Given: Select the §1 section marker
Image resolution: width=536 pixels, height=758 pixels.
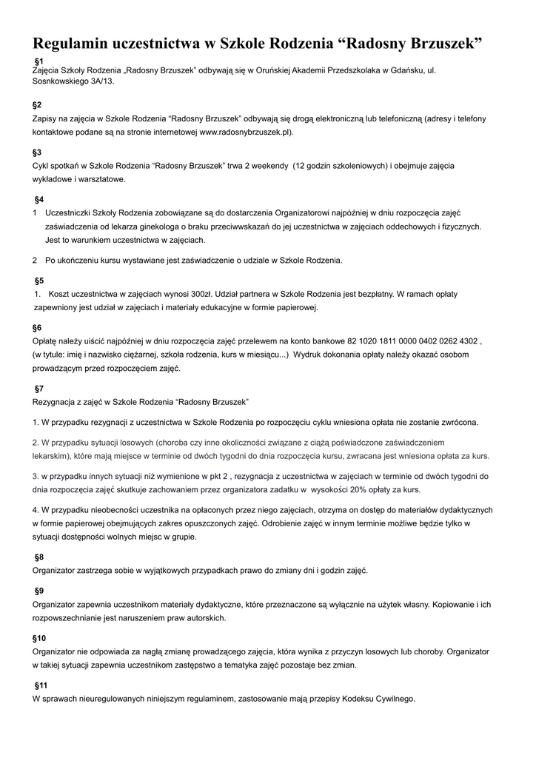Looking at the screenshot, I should [40, 59].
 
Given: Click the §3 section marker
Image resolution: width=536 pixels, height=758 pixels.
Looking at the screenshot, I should [37, 152].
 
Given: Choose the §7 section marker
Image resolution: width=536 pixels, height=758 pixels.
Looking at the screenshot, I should [39, 389].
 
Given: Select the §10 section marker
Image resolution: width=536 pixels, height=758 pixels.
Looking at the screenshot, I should [39, 637].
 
